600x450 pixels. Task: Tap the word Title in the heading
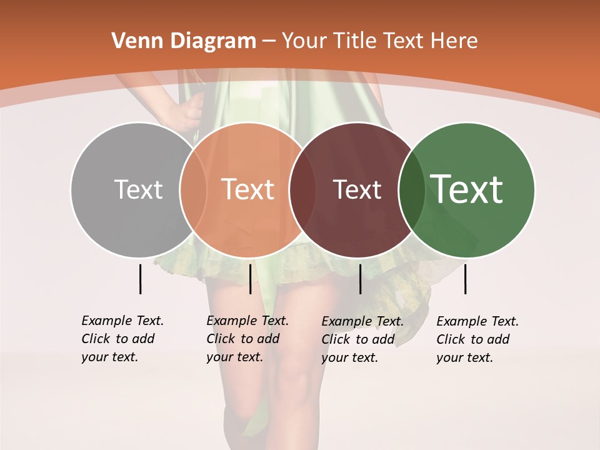[355, 41]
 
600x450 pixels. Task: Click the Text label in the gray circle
[138, 189]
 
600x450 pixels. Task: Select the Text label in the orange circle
[248, 189]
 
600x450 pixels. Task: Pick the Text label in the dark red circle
[357, 189]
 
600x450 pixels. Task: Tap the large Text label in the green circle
[467, 189]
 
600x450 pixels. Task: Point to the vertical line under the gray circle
[140, 279]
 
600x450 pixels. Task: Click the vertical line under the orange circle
[250, 279]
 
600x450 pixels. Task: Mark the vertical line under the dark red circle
[360, 279]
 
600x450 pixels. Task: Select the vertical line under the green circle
[465, 279]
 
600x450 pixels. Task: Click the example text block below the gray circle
[122, 339]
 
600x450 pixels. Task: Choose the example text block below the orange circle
[247, 339]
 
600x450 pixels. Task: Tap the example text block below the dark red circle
[362, 339]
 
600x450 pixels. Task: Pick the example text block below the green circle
[477, 339]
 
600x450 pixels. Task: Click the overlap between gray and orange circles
[193, 189]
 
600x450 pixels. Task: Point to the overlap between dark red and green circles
[412, 189]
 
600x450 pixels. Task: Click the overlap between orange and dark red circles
[302, 189]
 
